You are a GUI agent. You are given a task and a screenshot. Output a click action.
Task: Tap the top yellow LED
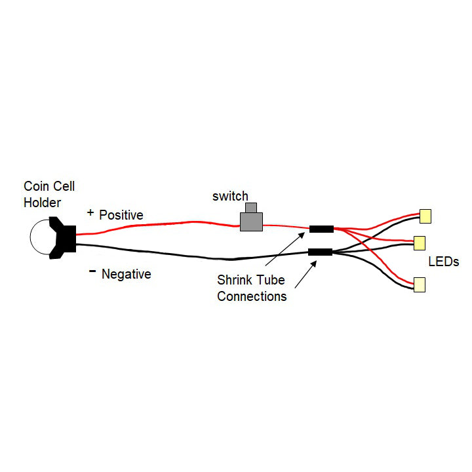click(x=425, y=216)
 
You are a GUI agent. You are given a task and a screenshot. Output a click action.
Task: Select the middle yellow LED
click(x=420, y=243)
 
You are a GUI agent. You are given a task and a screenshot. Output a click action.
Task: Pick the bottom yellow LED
click(x=419, y=284)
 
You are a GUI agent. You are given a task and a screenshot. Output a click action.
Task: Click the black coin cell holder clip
click(x=66, y=239)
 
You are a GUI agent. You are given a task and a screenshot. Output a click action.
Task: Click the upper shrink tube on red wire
click(x=321, y=229)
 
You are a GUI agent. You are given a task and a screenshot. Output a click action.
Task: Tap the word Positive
click(x=121, y=215)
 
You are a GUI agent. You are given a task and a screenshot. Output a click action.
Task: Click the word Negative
click(x=126, y=274)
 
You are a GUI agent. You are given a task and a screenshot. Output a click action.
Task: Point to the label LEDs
click(x=444, y=262)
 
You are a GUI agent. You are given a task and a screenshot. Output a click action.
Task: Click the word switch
click(x=230, y=196)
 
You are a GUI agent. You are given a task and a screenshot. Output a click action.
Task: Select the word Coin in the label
click(x=36, y=187)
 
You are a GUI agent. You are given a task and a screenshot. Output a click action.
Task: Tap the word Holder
click(x=42, y=203)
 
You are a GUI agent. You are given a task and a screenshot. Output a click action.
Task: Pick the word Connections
click(x=252, y=296)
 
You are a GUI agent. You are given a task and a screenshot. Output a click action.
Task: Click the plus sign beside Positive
click(x=90, y=213)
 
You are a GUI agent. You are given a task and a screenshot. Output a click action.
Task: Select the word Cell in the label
click(x=63, y=187)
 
